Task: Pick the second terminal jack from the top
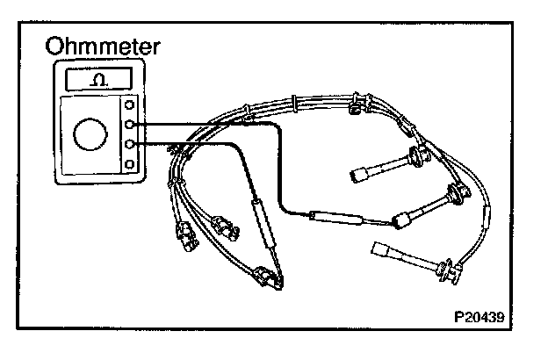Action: click(x=131, y=125)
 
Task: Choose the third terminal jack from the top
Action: click(x=131, y=144)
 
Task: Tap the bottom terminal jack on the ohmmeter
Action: click(x=131, y=164)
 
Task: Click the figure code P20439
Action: click(x=485, y=312)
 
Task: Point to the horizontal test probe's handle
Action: click(x=337, y=218)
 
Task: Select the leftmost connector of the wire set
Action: click(x=186, y=235)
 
